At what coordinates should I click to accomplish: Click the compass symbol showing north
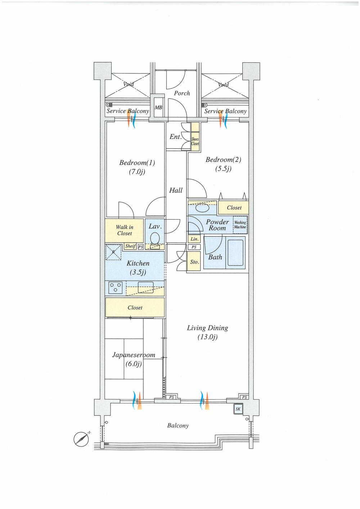point(81,438)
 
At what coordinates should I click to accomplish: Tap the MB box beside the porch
point(158,107)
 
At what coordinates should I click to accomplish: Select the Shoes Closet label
point(195,141)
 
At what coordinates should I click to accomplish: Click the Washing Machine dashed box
point(240,225)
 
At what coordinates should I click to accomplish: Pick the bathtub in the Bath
point(235,252)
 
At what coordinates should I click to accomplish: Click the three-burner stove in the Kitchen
point(116,287)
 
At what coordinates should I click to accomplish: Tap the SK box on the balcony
point(238,409)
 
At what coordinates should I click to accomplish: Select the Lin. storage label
point(194,239)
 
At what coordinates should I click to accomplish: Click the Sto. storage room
point(194,262)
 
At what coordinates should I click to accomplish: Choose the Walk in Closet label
point(125,230)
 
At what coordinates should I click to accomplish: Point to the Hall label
point(176,190)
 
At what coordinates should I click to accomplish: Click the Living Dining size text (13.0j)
point(207,337)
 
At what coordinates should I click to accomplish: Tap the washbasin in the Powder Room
point(202,208)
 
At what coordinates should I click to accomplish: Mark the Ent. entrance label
point(176,137)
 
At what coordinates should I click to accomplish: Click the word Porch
point(182,93)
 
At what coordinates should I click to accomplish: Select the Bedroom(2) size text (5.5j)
point(223,168)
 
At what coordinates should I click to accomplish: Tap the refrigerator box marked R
point(113,252)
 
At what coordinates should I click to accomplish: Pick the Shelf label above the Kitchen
point(130,246)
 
